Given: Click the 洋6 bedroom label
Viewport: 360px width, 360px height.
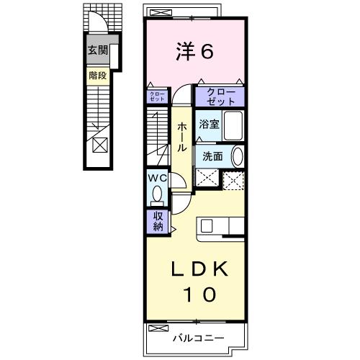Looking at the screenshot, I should coord(194,51).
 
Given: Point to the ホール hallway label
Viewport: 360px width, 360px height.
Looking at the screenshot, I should coord(182,135).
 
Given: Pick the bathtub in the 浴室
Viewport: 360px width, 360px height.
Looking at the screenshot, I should coord(233,125).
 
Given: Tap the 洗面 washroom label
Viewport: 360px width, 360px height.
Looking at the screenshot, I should coord(212,156).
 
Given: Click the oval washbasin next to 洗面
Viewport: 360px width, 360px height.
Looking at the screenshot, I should coord(238,156).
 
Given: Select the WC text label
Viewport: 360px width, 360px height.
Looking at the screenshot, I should coord(158,178).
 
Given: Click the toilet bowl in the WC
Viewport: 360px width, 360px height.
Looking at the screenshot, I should coord(156,194).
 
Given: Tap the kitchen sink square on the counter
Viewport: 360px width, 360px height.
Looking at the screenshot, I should coord(205,225).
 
